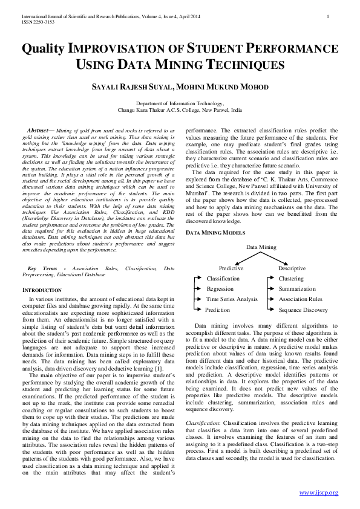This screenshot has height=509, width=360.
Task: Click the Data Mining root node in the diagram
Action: coord(261,247)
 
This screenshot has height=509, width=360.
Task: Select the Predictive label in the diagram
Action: coord(231,268)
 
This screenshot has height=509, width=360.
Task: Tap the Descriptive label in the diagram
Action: coord(292,268)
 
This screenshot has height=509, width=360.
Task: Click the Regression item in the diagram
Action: coord(220,289)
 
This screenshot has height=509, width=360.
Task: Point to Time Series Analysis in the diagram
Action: coord(232,299)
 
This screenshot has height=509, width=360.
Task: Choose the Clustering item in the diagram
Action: coord(291,279)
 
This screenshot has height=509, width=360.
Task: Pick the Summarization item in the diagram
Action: coord(297,289)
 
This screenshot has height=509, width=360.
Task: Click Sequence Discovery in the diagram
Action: coord(303,310)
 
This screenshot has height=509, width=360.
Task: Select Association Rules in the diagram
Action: coord(300,299)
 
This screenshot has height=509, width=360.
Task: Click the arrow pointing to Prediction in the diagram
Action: coord(197,310)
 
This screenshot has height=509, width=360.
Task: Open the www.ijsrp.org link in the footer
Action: coord(319,493)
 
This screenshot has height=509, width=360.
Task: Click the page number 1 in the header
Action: coord(327,16)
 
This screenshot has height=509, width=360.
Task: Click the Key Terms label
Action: coord(42,268)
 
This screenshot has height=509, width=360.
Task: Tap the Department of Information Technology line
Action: coord(180,104)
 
